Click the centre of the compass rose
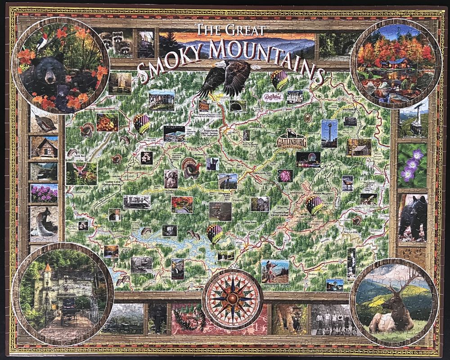(232, 298)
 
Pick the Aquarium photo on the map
(174, 133)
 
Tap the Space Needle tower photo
(329, 133)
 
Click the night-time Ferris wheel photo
(308, 160)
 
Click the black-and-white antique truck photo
(137, 202)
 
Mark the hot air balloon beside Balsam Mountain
(314, 205)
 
